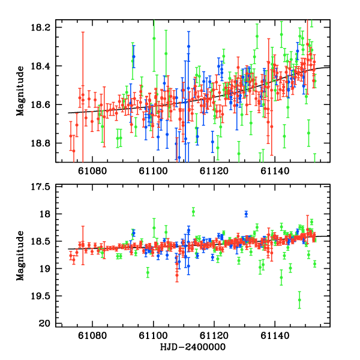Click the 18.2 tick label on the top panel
(x=45, y=28)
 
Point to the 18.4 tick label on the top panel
(x=45, y=66)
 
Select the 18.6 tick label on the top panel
(x=45, y=104)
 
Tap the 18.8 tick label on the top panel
(x=45, y=143)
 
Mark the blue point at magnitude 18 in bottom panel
(x=246, y=214)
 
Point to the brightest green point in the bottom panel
(x=193, y=211)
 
